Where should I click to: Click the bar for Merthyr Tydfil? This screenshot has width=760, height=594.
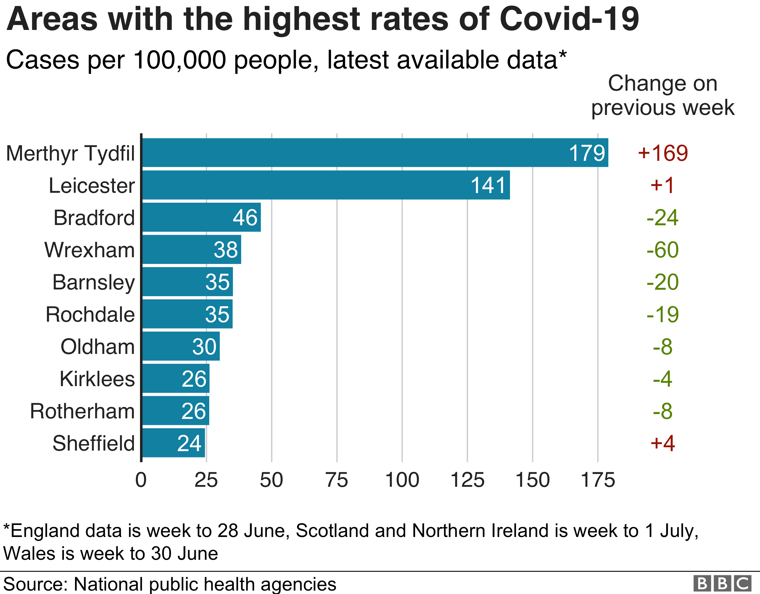pos(375,153)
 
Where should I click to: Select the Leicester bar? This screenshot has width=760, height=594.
pos(326,185)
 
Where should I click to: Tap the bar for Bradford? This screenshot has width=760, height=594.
pos(202,217)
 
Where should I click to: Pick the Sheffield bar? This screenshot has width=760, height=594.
pos(174,443)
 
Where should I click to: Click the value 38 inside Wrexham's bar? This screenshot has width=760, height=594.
pos(226,250)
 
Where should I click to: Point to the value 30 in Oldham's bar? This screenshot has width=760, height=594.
pos(204,346)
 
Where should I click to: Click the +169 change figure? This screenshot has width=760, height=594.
pos(663,153)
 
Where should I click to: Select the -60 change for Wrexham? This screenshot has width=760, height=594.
pos(663,250)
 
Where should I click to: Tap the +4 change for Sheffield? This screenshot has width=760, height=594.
pos(663,443)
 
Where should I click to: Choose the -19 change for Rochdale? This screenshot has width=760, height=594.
pos(663,315)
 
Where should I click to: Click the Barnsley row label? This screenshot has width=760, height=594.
pos(94,282)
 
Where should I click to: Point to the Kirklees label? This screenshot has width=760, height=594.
pos(97,379)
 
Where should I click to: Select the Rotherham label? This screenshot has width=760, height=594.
pos(82,411)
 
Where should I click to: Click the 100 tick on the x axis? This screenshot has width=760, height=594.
pos(402,480)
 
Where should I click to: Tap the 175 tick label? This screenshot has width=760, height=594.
pos(598,480)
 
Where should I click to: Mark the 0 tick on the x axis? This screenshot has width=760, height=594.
pos(141,480)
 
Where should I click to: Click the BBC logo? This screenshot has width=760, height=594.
pos(722,583)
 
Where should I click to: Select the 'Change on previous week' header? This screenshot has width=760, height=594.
pos(663,95)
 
